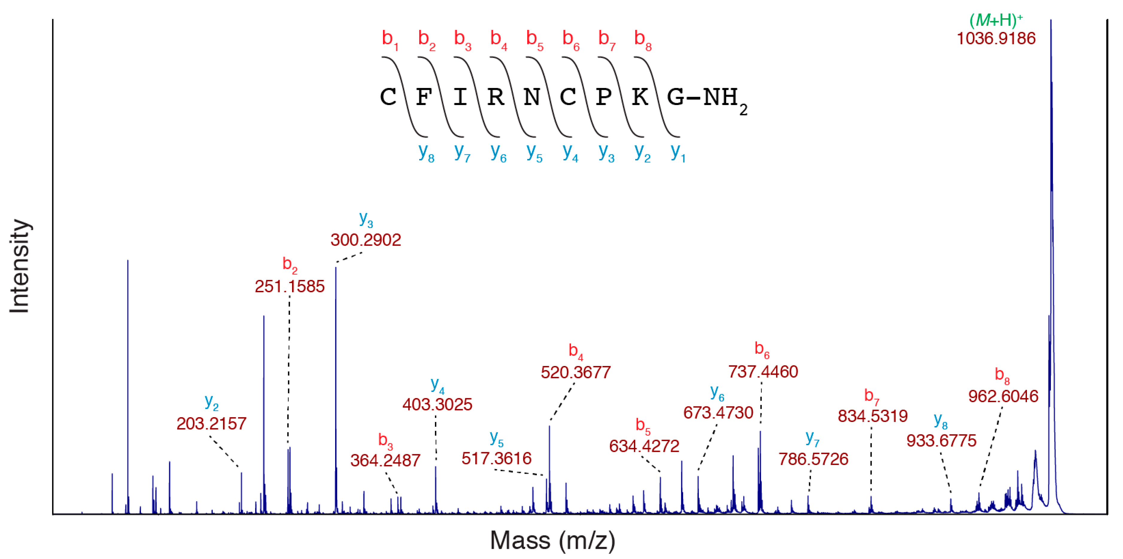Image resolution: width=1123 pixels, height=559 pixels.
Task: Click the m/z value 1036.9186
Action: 996,38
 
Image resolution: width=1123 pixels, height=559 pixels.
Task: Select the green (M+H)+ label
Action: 996,20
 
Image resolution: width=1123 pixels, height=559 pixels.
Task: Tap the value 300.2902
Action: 365,240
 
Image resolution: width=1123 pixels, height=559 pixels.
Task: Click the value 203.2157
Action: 212,423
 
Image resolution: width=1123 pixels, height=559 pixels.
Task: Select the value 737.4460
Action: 763,371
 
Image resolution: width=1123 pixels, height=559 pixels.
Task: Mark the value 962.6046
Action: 1003,397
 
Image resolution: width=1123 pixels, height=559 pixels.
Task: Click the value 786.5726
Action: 814,459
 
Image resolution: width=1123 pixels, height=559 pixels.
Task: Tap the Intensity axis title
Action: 20,266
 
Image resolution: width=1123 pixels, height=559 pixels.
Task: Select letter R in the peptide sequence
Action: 496,97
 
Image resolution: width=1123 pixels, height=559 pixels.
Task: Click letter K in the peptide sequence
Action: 639,97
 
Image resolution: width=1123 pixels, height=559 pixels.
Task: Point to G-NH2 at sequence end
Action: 706,98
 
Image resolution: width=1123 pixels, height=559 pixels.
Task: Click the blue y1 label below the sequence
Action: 677,152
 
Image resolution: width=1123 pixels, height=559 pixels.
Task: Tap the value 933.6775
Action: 941,440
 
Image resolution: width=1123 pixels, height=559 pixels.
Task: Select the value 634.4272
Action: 644,446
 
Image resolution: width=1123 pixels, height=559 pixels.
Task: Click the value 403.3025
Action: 437,405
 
